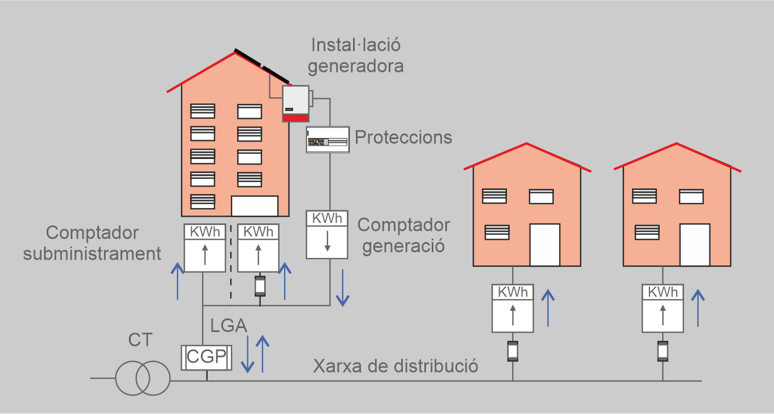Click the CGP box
tap(204, 357)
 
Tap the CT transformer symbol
tap(143, 379)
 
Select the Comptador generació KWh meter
tap(327, 235)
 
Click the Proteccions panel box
tap(327, 140)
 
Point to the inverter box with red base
tap(295, 103)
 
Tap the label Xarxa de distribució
tap(395, 365)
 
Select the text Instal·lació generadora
tap(357, 55)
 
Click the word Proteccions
tap(403, 137)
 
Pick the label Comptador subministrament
tap(92, 243)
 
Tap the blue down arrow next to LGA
tap(247, 354)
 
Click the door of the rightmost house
tap(694, 245)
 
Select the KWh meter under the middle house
tap(513, 308)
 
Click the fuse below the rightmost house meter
tap(663, 351)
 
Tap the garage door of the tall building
tap(255, 206)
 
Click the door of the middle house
tap(544, 245)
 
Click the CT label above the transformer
tap(140, 340)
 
